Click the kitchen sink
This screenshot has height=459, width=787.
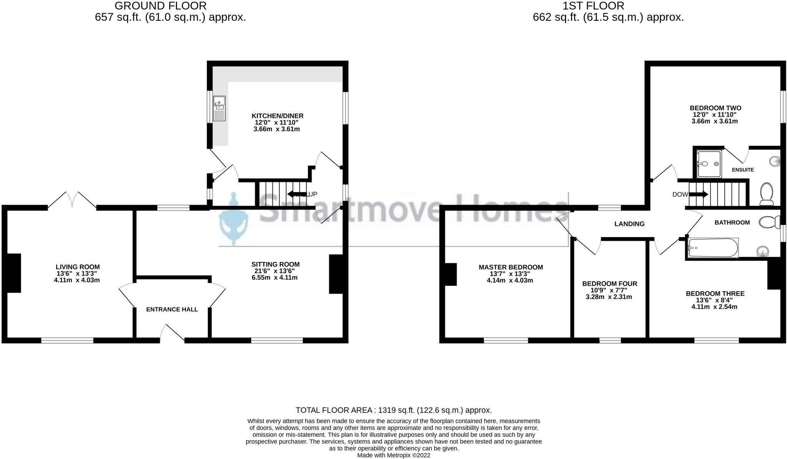point(219,108)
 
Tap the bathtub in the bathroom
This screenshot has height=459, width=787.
point(713,248)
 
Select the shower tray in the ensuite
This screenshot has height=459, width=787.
point(709,164)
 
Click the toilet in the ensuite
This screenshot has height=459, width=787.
point(767,194)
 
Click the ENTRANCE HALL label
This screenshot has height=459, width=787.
point(172,309)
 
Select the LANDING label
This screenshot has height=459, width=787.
point(629,224)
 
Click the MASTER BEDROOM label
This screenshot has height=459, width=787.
point(510,267)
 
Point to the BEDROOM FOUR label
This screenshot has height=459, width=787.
point(609,284)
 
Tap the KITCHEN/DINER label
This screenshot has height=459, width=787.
point(277,116)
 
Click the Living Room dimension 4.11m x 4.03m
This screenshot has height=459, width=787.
point(77,280)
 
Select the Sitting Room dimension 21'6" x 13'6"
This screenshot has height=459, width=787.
point(275,271)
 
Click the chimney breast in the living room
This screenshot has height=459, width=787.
point(14,273)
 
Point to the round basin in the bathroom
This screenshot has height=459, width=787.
point(763,252)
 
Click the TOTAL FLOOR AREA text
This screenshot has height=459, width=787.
point(393,410)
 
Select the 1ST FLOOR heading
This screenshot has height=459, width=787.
point(593,6)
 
